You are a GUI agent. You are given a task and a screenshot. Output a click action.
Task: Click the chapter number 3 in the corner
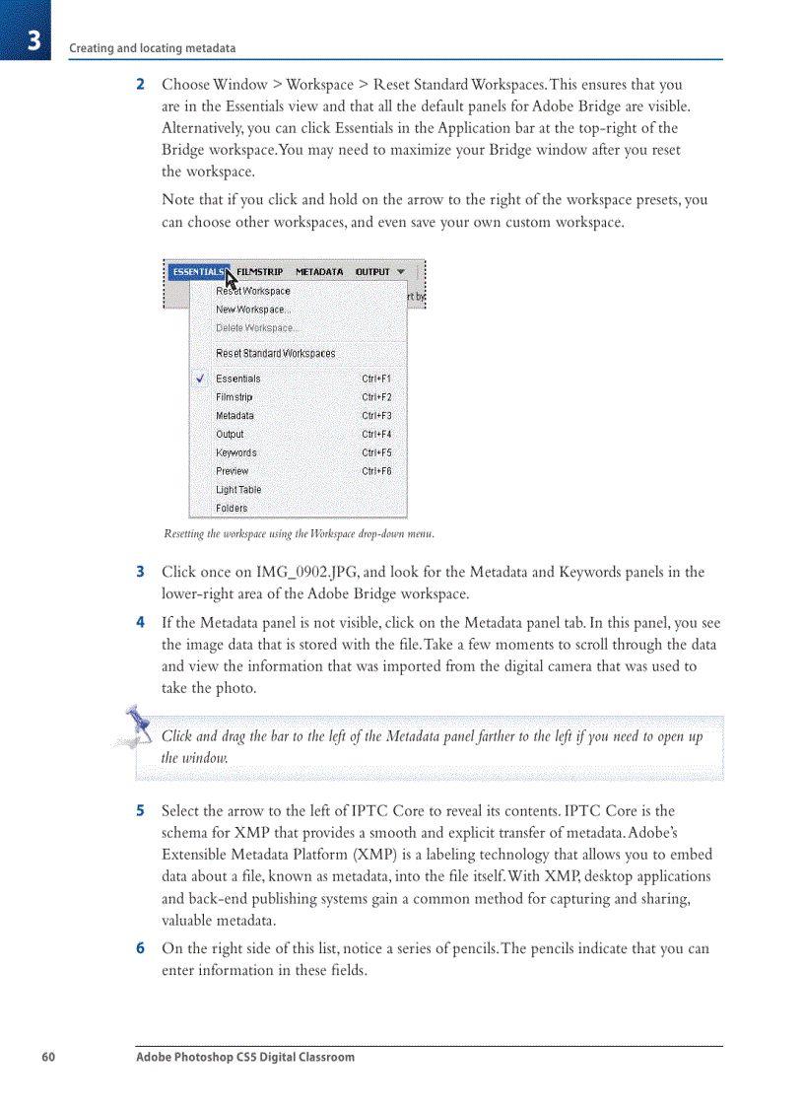click(33, 40)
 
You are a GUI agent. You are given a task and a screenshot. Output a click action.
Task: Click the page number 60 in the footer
click(48, 1057)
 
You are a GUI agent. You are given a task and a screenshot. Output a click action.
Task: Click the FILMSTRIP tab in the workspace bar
click(260, 272)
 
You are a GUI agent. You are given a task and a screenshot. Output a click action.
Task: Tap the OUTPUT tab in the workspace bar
click(372, 272)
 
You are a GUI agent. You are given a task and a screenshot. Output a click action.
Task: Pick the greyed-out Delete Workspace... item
click(257, 327)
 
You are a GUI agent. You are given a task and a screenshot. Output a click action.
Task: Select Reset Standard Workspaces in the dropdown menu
click(276, 353)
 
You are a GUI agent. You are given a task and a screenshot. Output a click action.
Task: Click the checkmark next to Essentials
click(200, 379)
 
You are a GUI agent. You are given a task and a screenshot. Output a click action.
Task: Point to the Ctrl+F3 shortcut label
click(376, 416)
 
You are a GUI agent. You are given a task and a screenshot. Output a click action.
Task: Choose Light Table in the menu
click(238, 490)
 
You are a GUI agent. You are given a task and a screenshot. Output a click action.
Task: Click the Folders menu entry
click(232, 509)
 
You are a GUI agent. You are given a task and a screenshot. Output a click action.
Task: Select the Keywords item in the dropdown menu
click(236, 453)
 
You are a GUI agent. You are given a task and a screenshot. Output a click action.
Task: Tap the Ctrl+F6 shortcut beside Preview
click(376, 471)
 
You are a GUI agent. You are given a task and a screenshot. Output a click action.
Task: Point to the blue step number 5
click(140, 811)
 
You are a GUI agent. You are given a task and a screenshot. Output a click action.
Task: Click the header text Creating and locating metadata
click(152, 48)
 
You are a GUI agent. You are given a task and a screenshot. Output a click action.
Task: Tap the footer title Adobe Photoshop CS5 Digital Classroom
click(245, 1057)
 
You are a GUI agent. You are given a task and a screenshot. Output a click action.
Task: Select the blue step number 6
click(140, 949)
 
